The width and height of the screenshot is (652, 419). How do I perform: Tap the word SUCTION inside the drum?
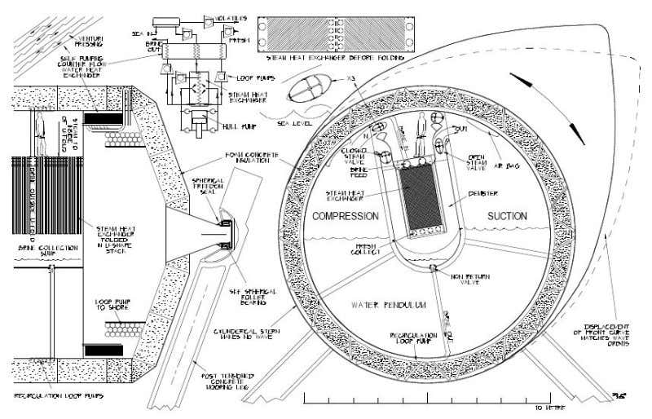coord(507,216)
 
